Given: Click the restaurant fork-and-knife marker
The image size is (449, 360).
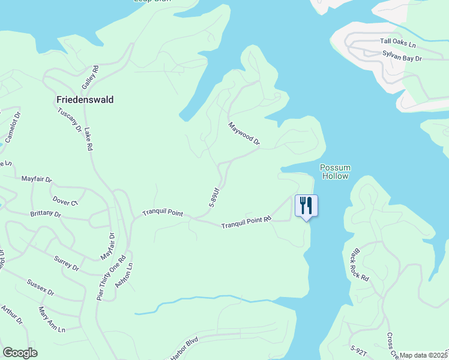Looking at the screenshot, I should pos(306,206).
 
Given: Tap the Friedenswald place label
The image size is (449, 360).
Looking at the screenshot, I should pos(85,100).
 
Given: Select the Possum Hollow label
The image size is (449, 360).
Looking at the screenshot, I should pos(336,172).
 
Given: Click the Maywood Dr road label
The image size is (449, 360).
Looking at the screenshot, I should pos(244,134).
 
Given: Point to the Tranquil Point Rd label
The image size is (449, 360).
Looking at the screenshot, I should pos(247,223).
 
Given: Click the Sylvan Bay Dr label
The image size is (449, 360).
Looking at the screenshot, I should pos(403,56).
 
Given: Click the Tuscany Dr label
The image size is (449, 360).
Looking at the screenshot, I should pos(70,120).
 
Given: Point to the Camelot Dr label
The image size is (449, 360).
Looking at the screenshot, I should pos(13,127).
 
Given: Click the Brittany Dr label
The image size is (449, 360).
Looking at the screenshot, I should pos(46,214).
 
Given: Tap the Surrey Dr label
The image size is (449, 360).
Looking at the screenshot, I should pos(67,263).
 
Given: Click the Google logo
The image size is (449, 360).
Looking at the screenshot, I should pos(20,353).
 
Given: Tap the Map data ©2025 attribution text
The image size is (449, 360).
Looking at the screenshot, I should pos(423,355).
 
